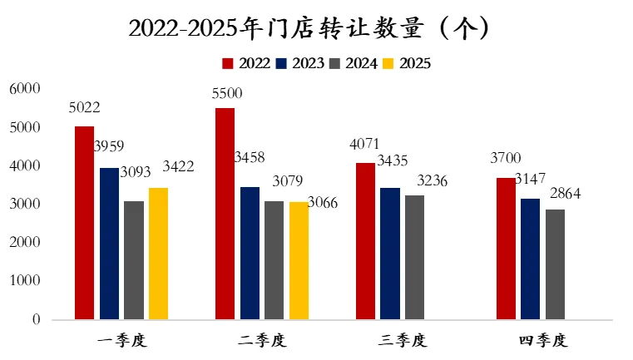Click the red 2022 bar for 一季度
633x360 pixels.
pos(84,223)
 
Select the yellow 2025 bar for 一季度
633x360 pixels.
pos(158,254)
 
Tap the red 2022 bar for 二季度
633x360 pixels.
pos(225,214)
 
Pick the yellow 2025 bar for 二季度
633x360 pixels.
pos(299,261)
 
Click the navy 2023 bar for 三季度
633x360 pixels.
pos(389,254)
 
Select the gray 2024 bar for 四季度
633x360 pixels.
pos(555,264)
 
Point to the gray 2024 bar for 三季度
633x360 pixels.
pos(414,258)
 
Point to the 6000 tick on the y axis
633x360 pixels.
pos(25,89)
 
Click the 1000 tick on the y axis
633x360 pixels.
pos(25,281)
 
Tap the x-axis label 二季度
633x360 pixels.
pos(261,340)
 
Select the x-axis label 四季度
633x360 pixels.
pos(542,340)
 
